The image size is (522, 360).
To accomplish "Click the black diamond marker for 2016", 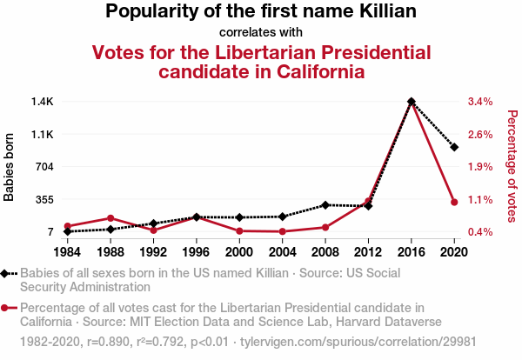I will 411,102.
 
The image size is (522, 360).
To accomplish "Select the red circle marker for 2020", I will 453,203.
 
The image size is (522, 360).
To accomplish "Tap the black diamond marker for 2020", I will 453,147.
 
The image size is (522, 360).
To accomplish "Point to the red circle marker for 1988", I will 110,218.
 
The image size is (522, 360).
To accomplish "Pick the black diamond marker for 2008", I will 325,205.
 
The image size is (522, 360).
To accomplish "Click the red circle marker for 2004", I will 282,231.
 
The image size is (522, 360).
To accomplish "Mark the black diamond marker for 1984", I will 68,231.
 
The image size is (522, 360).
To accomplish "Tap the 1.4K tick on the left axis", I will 42,102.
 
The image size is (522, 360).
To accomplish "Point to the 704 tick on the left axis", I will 43,167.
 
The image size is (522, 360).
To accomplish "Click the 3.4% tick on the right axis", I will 480,102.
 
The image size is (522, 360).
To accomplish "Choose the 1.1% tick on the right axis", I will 480,199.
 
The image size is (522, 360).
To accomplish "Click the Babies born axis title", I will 10,167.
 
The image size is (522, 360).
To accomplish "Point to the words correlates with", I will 260,33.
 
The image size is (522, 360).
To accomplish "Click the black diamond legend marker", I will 7,273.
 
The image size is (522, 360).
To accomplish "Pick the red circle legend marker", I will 7,307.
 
